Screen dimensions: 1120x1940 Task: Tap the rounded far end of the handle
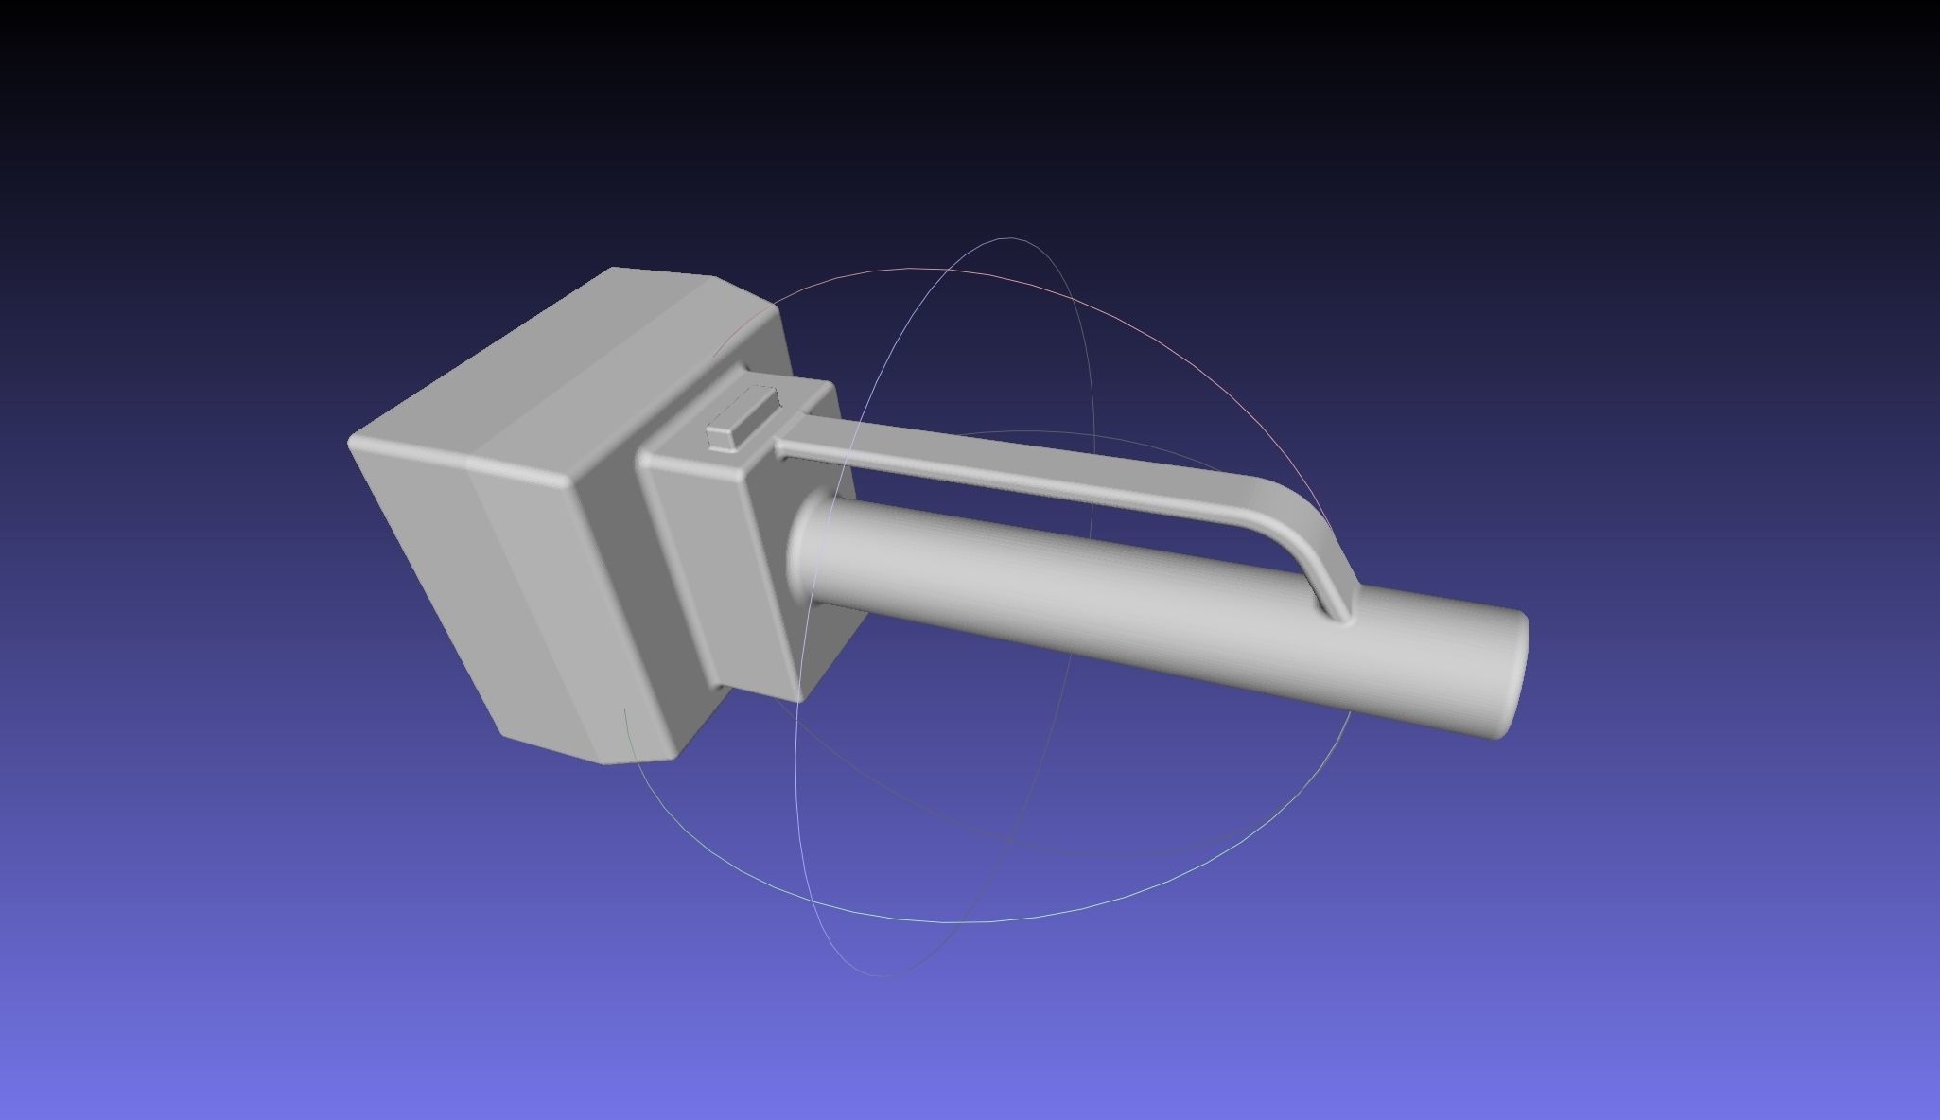pyautogui.click(x=1512, y=673)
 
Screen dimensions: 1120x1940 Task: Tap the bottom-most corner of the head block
pyautogui.click(x=605, y=762)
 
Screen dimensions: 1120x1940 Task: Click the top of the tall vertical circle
pyautogui.click(x=1010, y=238)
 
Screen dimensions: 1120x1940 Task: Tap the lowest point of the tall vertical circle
pyautogui.click(x=884, y=974)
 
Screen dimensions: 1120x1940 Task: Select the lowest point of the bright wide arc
pyautogui.click(x=974, y=920)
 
